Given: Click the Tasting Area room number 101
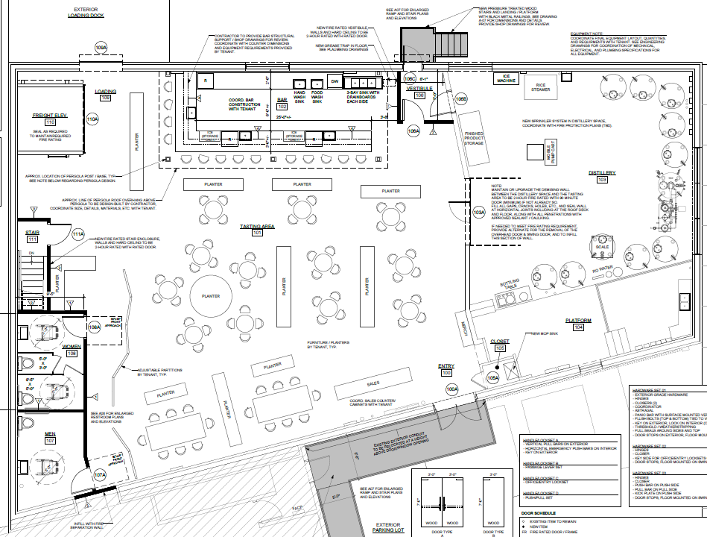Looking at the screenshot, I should click(257, 233).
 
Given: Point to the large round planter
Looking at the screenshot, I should click(211, 295).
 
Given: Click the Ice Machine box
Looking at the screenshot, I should click(507, 80).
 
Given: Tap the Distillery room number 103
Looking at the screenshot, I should click(602, 180).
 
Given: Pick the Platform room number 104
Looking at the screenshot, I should click(577, 327).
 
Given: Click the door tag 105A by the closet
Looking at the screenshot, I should click(492, 378).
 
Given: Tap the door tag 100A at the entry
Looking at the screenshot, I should click(452, 389).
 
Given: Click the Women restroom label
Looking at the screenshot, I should click(72, 346).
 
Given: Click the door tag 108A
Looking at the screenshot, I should click(94, 327).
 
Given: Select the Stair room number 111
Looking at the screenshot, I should click(32, 239).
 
